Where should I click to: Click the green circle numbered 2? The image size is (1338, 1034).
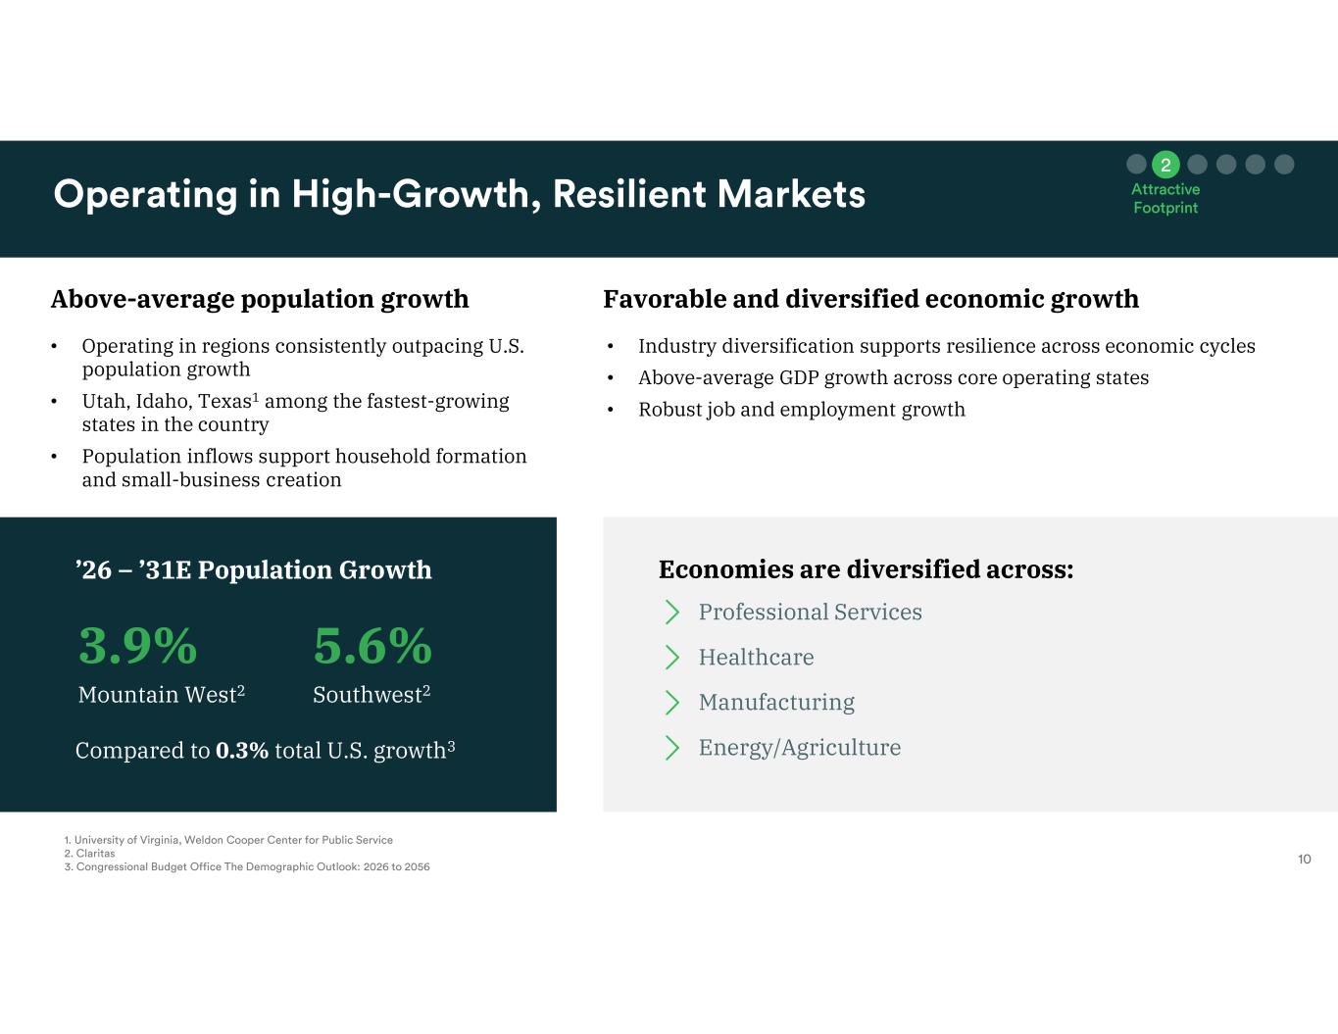[1165, 165]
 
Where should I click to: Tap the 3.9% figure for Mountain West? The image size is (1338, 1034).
[138, 646]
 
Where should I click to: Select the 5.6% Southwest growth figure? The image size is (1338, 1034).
[372, 646]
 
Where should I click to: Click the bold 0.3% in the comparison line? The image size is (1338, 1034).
[242, 751]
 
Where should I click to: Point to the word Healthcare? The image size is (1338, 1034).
[756, 658]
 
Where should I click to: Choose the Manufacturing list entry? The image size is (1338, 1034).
[776, 703]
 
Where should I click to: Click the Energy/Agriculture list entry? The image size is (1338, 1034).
[799, 748]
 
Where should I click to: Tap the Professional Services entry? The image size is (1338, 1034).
[811, 612]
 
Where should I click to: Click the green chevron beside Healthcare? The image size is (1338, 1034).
[672, 658]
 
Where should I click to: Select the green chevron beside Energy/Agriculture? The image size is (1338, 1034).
[672, 748]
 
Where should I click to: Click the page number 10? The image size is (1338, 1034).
[1304, 860]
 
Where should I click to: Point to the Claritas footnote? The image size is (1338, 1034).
[90, 853]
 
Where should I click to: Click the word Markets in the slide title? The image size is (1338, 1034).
[791, 194]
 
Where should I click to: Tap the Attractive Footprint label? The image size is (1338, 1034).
[1165, 198]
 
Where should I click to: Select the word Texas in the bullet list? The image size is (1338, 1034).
[224, 401]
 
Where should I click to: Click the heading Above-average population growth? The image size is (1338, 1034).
[260, 299]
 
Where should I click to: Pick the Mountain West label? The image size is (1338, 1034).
[162, 695]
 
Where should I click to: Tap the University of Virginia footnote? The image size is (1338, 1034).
[228, 840]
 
